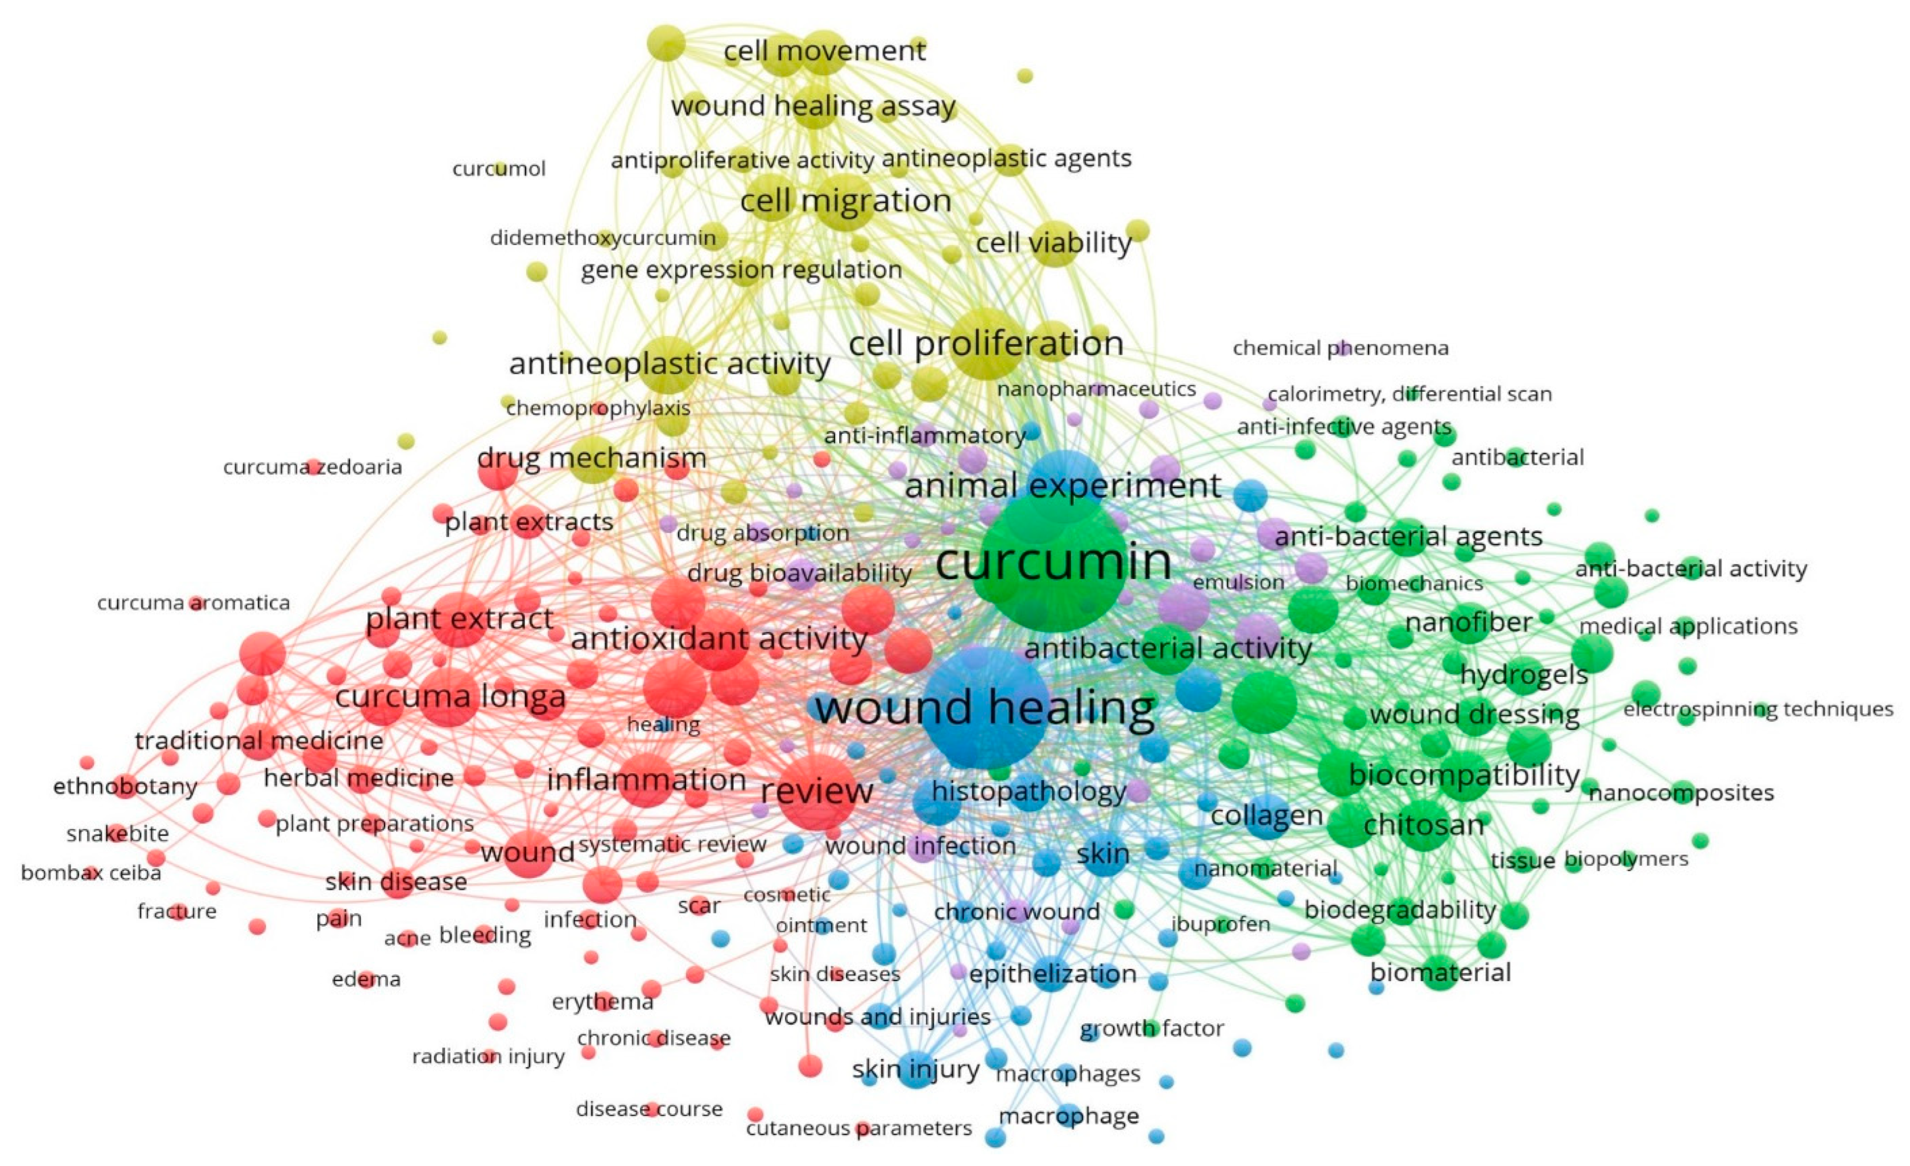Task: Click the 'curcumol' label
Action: tap(498, 168)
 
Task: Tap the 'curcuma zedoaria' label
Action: tap(312, 467)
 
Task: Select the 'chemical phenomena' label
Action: tap(1340, 348)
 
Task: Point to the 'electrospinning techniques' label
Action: tap(1758, 708)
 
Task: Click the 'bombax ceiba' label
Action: tap(91, 873)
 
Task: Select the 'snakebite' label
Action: tap(117, 833)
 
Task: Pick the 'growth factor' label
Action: tap(1152, 1028)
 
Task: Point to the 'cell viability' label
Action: tap(1054, 243)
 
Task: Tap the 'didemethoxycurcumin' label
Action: tap(602, 237)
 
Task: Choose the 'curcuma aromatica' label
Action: tap(193, 602)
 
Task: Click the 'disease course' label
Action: tap(649, 1109)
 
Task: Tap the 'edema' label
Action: tap(366, 979)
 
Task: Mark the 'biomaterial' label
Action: tap(1440, 972)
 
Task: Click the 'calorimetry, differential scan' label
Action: tap(1409, 394)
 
